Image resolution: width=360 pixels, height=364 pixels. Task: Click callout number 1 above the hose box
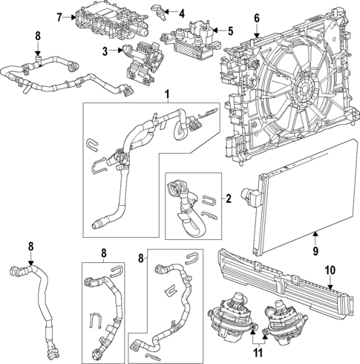(x=167, y=94)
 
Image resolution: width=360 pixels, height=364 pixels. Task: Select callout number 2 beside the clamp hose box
(x=229, y=198)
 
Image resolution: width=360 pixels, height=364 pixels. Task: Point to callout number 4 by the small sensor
(x=182, y=12)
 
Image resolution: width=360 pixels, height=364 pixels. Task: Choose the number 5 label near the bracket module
(x=229, y=31)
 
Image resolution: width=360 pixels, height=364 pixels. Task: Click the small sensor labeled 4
(x=159, y=12)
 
